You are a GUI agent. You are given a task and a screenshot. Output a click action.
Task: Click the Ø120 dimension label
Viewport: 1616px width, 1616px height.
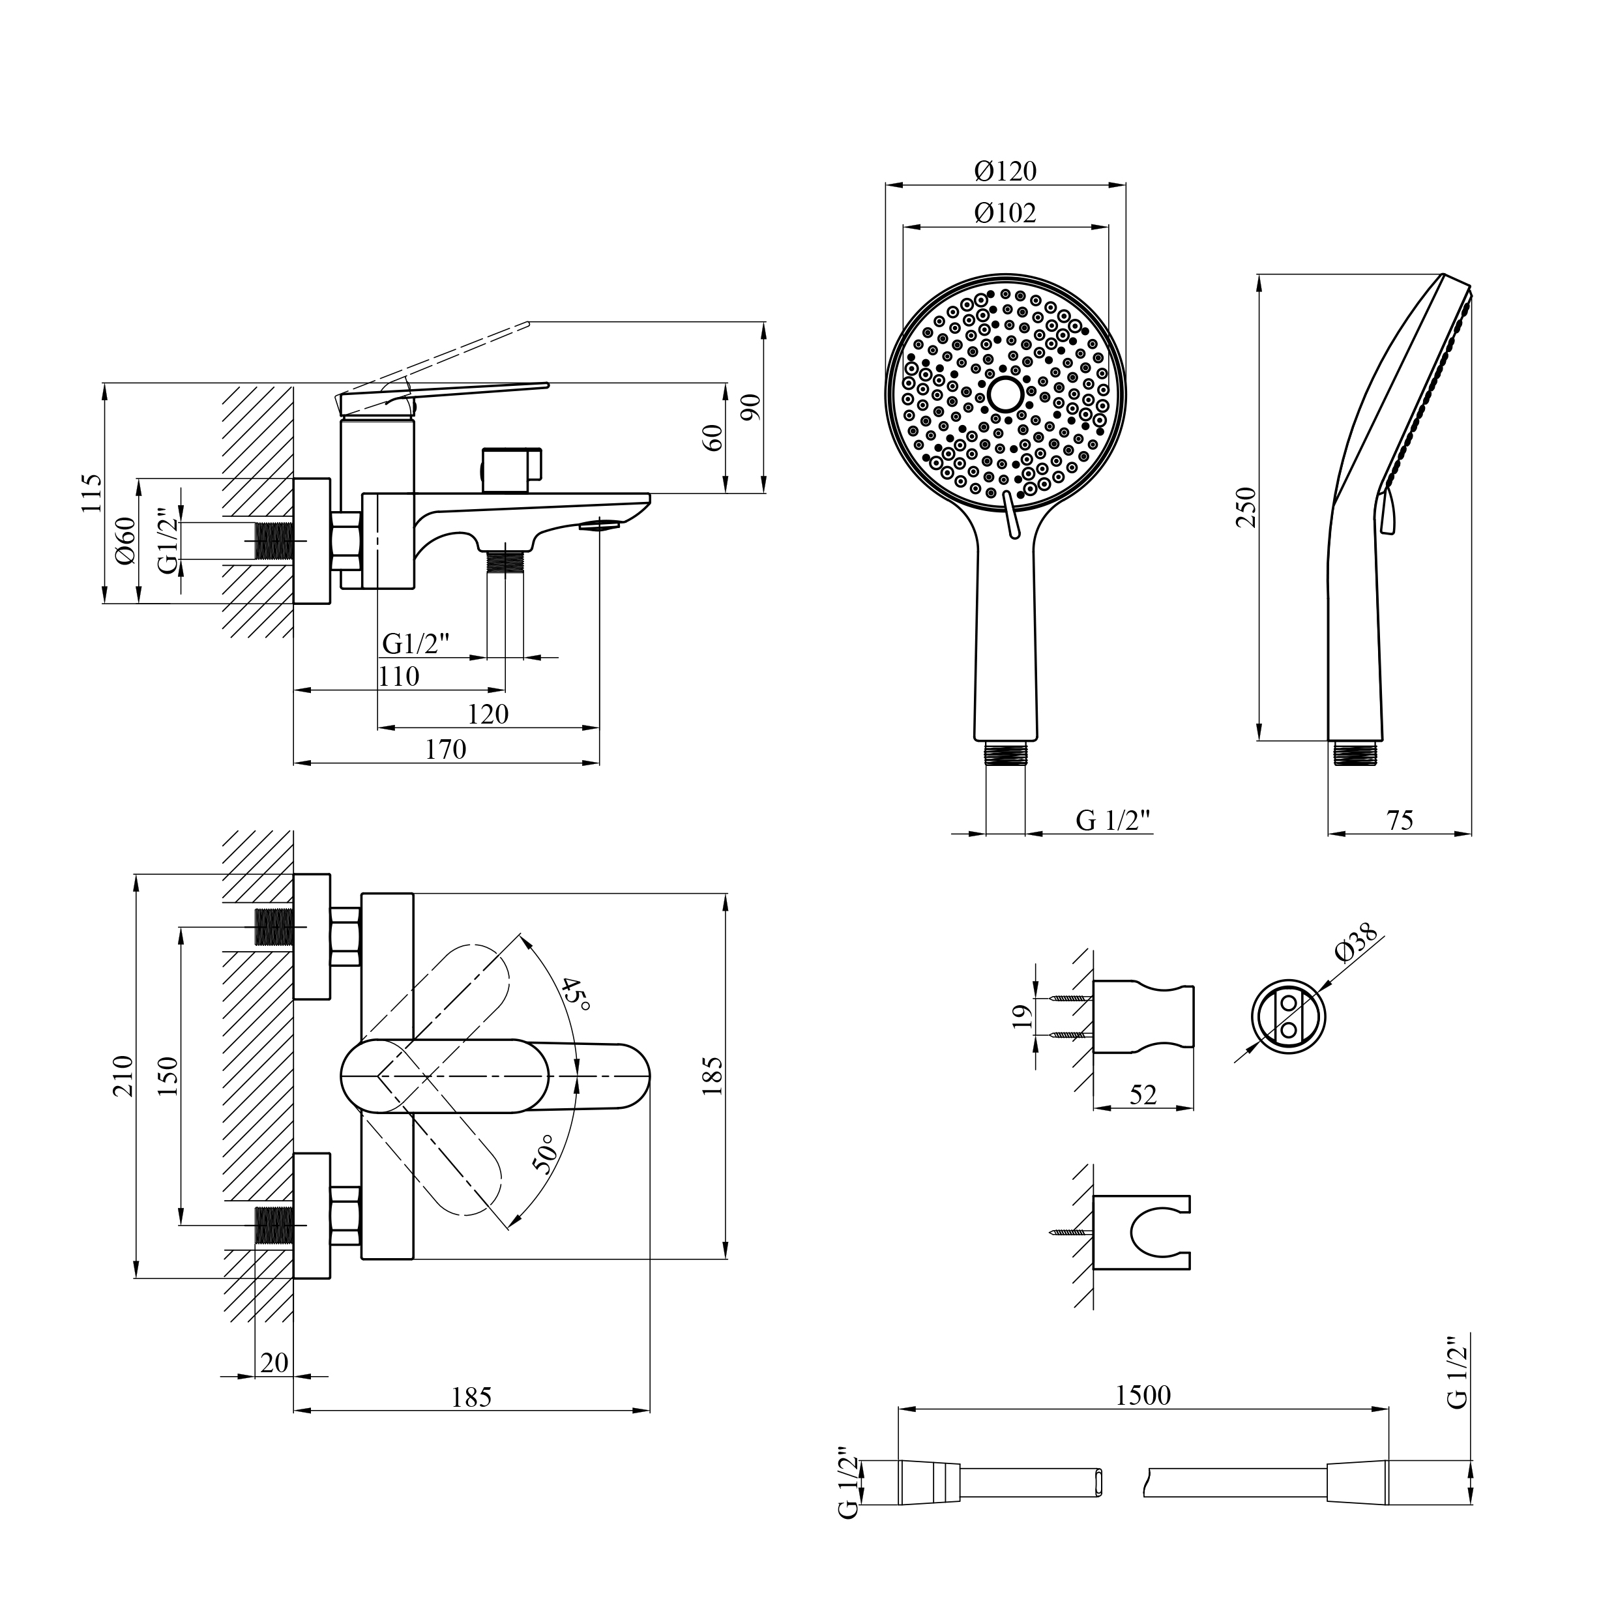coord(1005,171)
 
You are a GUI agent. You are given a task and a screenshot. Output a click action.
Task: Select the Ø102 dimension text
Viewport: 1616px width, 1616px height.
coord(1005,213)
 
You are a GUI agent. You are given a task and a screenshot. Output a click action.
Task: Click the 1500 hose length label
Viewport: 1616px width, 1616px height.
coord(1143,1395)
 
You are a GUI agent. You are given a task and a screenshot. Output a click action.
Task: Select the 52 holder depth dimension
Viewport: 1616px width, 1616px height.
coord(1143,1094)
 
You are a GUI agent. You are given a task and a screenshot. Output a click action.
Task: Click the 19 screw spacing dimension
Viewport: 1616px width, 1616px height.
coord(1020,1016)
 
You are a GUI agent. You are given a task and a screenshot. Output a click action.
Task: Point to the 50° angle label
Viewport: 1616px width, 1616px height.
coord(544,1154)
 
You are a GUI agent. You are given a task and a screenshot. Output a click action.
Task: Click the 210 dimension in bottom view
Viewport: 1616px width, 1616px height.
coord(123,1076)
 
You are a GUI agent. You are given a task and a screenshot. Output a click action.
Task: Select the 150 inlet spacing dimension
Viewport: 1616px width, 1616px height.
coord(168,1076)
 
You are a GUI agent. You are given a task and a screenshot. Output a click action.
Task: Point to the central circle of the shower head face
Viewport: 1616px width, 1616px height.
coord(1005,392)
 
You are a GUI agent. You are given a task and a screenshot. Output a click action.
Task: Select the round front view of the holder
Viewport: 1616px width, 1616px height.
coord(1288,1016)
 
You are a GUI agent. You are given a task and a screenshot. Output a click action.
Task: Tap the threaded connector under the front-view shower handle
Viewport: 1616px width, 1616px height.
coord(1005,753)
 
